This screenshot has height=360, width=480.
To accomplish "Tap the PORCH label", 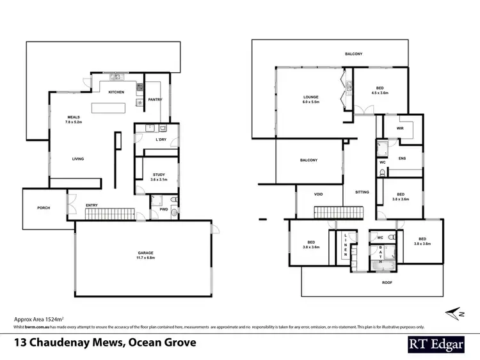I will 44,208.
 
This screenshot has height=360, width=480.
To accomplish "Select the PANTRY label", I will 154,100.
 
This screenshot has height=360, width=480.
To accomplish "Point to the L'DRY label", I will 161,140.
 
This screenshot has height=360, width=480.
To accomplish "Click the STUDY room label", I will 159,175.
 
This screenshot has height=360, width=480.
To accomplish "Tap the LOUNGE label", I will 310,97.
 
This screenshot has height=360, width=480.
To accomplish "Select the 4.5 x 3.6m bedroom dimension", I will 380,93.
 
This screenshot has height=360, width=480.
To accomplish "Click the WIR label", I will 400,128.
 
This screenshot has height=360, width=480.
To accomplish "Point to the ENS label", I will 402,158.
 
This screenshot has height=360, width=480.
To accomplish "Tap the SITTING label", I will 361,191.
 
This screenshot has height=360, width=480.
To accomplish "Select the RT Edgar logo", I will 436,343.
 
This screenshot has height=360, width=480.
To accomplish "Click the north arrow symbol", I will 455,313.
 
